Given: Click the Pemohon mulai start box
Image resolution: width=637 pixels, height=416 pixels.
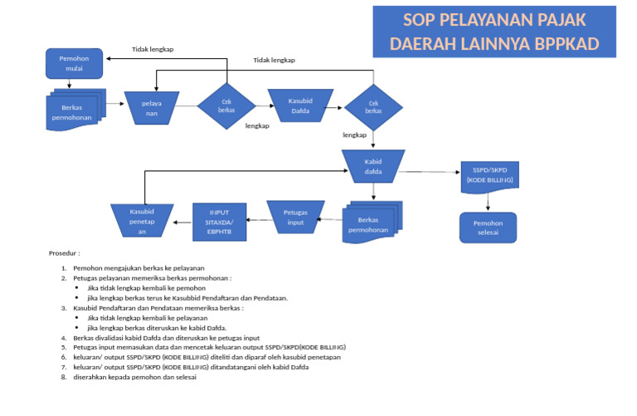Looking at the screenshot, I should tap(73, 64).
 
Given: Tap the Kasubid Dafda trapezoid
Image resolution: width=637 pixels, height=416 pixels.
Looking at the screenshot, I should tap(299, 105).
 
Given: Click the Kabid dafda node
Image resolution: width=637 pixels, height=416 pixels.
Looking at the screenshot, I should tap(373, 167).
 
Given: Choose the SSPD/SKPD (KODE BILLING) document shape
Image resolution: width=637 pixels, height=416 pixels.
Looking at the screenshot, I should tap(489, 175).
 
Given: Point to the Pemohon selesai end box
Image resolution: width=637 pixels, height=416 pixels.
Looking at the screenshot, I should tap(488, 228).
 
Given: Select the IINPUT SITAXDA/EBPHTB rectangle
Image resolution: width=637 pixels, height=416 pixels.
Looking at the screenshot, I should tap(220, 222).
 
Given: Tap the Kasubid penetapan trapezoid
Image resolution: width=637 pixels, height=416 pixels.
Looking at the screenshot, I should tap(142, 221).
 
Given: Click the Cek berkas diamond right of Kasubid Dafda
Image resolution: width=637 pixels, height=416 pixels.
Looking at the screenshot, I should tap(373, 106).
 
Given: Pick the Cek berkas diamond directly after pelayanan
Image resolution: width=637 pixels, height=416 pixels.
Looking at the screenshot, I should tap(226, 106).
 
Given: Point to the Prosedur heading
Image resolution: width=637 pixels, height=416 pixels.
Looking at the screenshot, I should tap(64, 252).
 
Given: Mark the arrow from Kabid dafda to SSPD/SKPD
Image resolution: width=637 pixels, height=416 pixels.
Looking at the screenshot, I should tap(431, 173).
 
